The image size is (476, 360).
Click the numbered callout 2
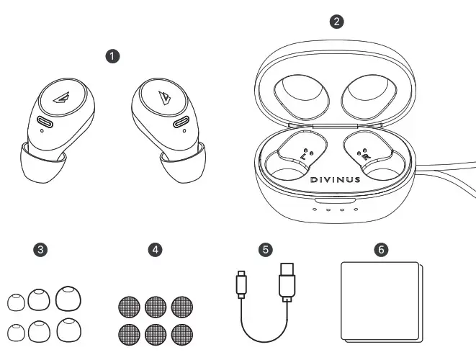[x=335, y=21]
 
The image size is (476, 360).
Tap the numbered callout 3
[x=42, y=250]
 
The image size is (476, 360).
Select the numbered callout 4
[x=153, y=250]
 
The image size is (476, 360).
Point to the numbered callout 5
[x=266, y=250]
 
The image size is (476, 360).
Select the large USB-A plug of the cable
[x=286, y=280]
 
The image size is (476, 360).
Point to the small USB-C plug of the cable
[x=241, y=284]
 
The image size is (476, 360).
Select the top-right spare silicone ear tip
[x=68, y=297]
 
